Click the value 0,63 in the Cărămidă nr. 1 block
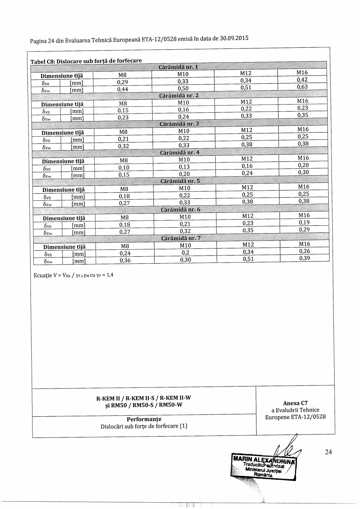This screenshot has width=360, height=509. point(302,87)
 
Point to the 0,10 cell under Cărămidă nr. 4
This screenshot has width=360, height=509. point(124,167)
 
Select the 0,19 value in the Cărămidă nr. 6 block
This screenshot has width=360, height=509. point(304,223)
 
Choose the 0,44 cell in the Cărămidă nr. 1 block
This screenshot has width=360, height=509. point(123,89)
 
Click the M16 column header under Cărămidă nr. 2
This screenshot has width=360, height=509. point(303,101)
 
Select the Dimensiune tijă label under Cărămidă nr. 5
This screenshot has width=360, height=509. point(63,190)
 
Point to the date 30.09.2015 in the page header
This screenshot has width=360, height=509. point(234,39)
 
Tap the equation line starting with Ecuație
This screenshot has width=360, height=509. point(73,275)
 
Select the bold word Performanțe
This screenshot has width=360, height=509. point(144,419)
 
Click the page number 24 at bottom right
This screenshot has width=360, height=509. point(328,452)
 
